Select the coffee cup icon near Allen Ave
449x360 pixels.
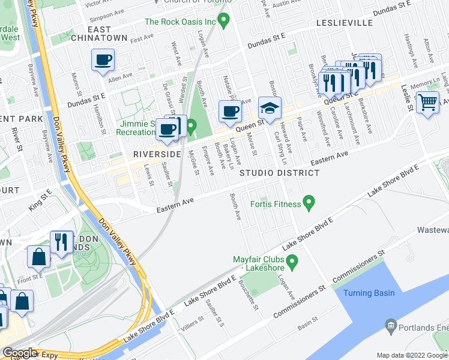click(103, 60)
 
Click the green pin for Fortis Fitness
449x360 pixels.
click(309, 203)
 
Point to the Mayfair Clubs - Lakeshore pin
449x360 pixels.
click(292, 262)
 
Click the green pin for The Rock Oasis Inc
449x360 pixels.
click(224, 22)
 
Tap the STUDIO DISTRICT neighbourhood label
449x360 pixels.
click(280, 173)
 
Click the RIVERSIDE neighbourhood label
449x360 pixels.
click(157, 154)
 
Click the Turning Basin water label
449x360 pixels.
click(369, 293)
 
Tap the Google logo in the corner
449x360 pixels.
click(20, 353)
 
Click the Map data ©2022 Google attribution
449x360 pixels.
click(412, 355)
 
